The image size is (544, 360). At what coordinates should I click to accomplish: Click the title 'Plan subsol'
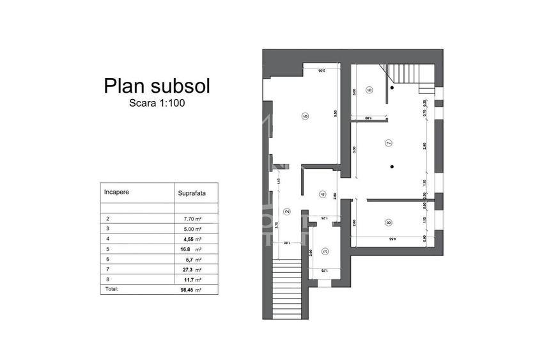(x=157, y=86)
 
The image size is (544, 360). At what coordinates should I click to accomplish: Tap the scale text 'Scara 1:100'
(x=157, y=102)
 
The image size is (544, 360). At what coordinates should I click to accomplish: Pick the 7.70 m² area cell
(x=193, y=218)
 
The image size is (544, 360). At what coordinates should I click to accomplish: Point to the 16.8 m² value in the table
(x=192, y=249)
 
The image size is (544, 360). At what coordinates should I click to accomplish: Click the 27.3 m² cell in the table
(x=192, y=269)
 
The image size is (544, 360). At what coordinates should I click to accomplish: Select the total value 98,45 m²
(x=192, y=289)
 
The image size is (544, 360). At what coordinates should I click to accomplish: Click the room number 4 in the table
(x=107, y=239)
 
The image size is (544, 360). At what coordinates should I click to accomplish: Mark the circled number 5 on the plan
(x=306, y=116)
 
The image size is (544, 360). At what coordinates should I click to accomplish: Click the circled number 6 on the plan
(x=369, y=90)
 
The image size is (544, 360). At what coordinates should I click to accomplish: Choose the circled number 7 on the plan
(x=388, y=143)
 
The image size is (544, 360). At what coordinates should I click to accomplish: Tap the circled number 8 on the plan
(x=388, y=223)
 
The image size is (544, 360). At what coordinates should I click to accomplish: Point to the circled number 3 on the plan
(x=325, y=252)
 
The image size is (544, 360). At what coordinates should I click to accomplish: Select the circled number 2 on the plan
(x=286, y=212)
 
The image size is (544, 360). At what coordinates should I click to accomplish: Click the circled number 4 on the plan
(x=323, y=194)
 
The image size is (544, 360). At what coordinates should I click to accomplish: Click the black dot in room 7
(x=392, y=168)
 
